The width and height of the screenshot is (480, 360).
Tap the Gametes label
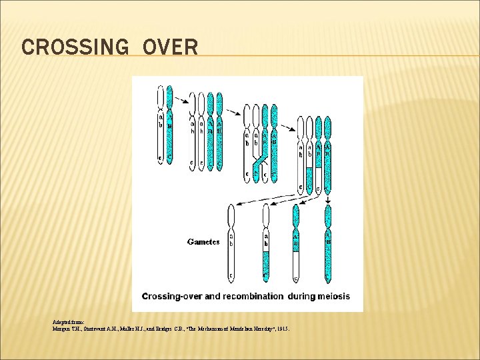(203, 242)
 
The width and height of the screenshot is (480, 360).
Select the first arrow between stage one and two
(181, 102)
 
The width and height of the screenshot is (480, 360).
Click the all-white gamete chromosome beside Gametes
(231, 243)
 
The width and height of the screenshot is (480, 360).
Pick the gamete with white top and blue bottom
(266, 243)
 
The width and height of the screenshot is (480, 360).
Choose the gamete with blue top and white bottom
(295, 243)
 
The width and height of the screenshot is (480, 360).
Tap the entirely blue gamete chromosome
(327, 243)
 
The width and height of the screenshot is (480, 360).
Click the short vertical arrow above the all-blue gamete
(327, 198)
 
